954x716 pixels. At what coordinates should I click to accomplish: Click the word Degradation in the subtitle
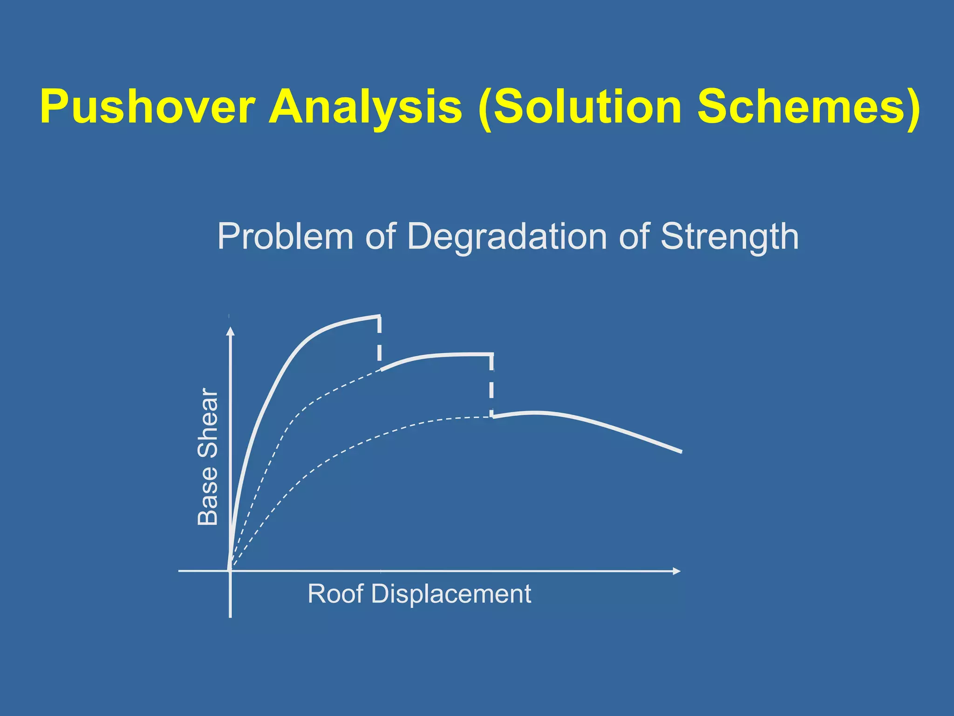(x=507, y=236)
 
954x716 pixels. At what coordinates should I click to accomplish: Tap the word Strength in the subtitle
(x=729, y=236)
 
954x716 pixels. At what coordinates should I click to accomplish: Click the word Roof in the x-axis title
(x=335, y=594)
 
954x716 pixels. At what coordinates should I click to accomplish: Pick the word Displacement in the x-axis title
(x=451, y=594)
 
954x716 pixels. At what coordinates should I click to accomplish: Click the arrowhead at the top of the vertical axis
(x=230, y=330)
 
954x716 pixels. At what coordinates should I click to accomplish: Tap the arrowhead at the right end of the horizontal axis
(x=677, y=571)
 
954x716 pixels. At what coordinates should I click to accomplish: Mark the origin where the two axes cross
(x=230, y=571)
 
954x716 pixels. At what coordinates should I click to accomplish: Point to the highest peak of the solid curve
(x=377, y=317)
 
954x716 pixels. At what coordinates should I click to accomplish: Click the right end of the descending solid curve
(x=680, y=451)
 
